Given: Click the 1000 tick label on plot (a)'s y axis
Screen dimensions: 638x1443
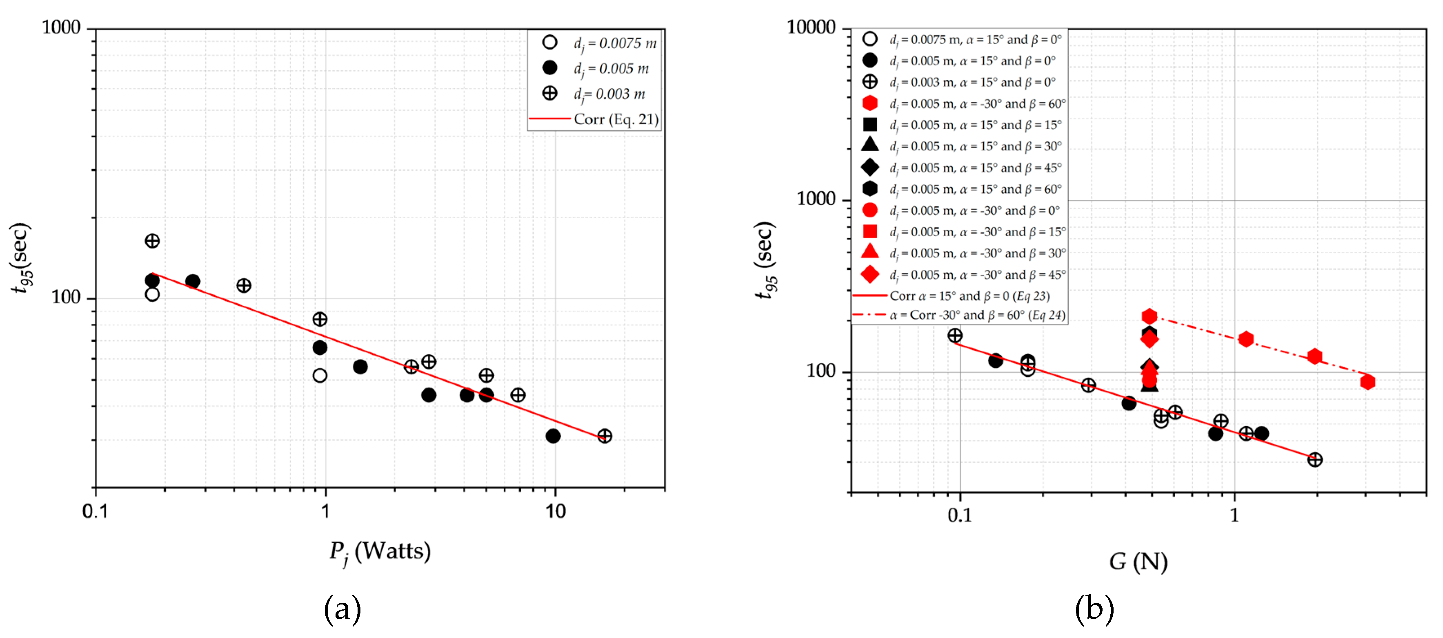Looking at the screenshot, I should click(x=61, y=27).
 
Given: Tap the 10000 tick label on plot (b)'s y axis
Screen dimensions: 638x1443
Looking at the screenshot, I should click(x=811, y=27).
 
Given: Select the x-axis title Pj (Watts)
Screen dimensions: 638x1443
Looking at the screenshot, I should click(x=380, y=552).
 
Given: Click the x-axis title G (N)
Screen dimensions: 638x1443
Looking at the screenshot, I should click(x=1138, y=561).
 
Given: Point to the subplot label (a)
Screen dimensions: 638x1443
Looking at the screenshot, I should click(x=342, y=609).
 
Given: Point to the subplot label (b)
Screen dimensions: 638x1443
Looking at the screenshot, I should click(x=1094, y=609).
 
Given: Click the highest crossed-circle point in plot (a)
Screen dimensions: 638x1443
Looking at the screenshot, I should click(x=152, y=241).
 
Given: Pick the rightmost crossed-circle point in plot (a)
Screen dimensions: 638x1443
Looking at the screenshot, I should click(x=605, y=436).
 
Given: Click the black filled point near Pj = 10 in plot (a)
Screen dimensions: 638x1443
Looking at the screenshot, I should click(x=553, y=436).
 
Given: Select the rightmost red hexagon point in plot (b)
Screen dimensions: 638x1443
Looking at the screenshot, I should click(x=1367, y=382).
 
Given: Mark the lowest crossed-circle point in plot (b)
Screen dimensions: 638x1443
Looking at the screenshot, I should click(x=1315, y=460).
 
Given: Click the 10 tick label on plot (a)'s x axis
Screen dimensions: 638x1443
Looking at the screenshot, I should click(x=555, y=511).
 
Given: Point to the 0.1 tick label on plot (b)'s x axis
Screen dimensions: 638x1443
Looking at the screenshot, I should click(x=960, y=515).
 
